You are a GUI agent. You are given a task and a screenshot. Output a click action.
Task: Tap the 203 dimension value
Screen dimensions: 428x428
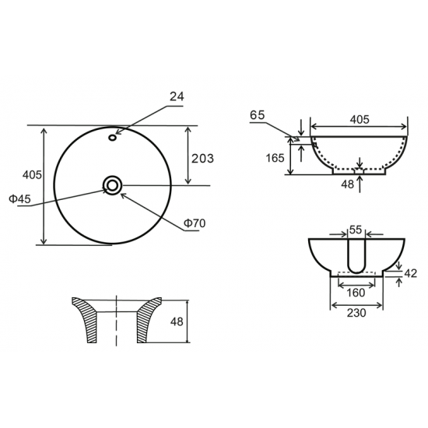(202, 158)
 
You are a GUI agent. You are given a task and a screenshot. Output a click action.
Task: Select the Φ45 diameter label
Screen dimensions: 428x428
(20, 199)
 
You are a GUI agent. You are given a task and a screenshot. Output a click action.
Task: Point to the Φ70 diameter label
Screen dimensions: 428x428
(194, 224)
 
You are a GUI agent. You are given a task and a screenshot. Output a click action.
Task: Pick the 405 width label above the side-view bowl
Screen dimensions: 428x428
(359, 119)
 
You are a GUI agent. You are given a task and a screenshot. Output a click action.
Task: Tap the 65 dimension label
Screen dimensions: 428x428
(258, 114)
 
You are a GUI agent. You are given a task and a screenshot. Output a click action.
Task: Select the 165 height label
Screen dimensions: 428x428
(275, 158)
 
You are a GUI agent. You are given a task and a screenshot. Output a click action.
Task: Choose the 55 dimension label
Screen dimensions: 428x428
(355, 230)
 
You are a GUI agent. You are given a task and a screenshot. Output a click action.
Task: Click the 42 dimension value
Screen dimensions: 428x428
(412, 273)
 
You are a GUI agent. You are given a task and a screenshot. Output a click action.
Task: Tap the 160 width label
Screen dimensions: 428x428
(355, 293)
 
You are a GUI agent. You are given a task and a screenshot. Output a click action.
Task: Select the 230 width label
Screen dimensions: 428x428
(356, 314)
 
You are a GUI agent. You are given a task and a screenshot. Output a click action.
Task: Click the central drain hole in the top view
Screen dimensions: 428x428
(113, 184)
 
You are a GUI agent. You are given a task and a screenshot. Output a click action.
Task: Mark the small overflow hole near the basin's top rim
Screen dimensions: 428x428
(113, 139)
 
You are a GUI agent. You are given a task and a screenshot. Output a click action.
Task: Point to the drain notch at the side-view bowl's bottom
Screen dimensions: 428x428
(359, 170)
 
